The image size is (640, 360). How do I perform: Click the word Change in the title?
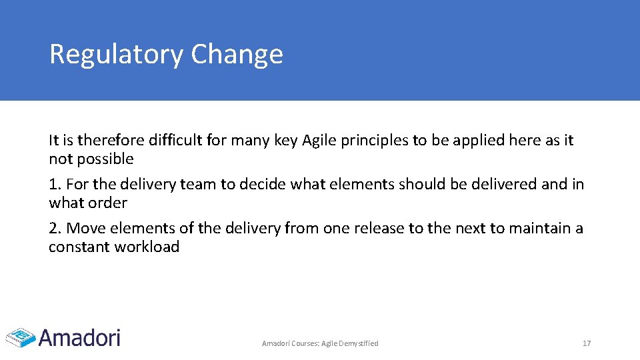pos(237,55)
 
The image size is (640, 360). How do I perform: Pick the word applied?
pos(477,140)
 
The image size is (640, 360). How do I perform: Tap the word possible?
pos(105,159)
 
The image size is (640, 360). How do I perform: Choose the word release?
pos(381,228)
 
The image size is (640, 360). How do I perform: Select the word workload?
pos(149,247)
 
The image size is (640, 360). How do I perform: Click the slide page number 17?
pos(587,343)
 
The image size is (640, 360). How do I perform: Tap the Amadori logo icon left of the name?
pos(20,337)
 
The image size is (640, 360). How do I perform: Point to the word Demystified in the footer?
pos(359,343)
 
